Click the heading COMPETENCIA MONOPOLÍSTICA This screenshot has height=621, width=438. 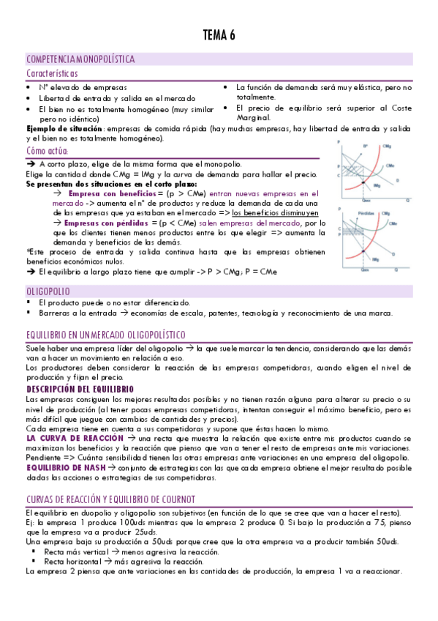[x=80, y=59]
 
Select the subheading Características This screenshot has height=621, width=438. [x=53, y=73]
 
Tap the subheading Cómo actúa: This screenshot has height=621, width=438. [x=47, y=151]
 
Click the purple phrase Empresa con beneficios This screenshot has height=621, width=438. [x=107, y=193]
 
